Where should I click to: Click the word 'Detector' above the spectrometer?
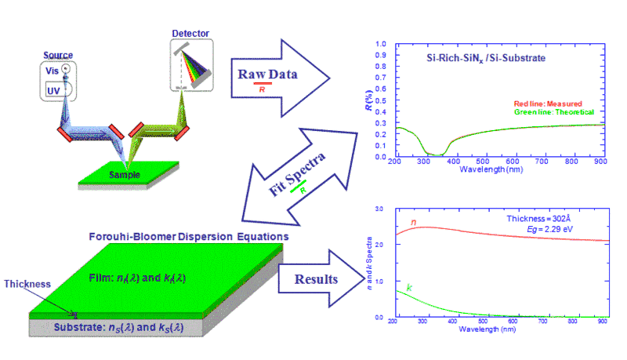(x=187, y=34)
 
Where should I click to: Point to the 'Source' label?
(x=58, y=55)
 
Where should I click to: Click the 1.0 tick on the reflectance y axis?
(x=382, y=45)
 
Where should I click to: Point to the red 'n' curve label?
(x=414, y=222)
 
